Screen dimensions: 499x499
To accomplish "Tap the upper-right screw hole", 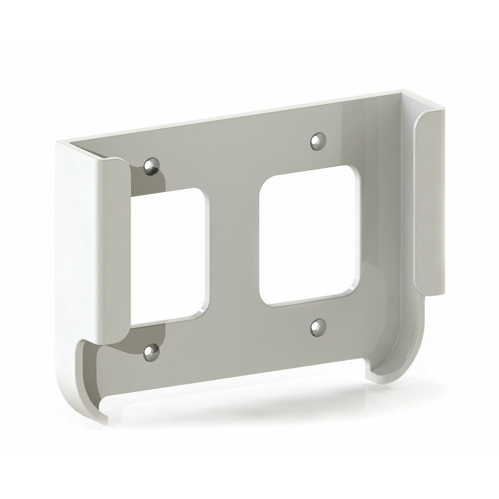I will [x=318, y=140].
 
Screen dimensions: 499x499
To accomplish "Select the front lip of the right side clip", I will [x=430, y=200].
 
